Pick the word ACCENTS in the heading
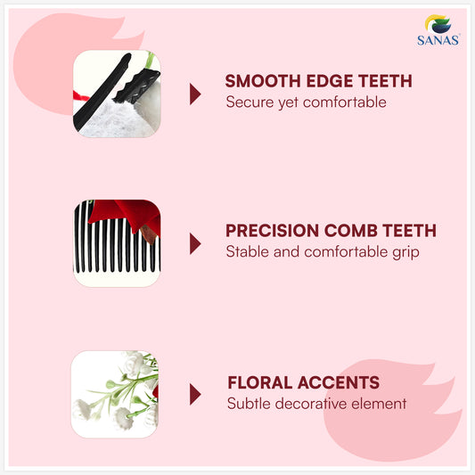(343, 383)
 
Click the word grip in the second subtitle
(405, 251)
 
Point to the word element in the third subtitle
(379, 404)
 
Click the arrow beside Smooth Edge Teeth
(195, 94)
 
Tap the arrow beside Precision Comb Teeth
(195, 243)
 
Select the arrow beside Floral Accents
(195, 394)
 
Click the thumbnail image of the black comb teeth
(116, 242)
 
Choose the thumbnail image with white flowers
(115, 394)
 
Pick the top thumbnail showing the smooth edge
(116, 94)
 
